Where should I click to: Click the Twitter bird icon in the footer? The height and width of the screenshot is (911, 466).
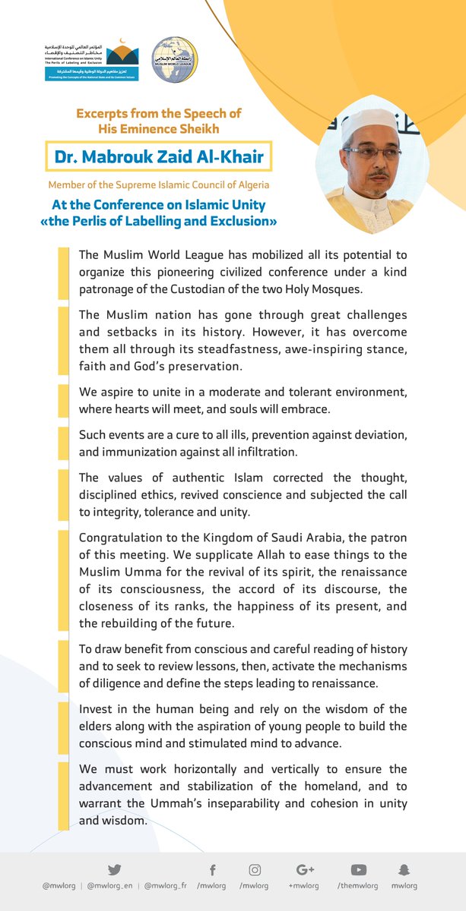pyautogui.click(x=114, y=869)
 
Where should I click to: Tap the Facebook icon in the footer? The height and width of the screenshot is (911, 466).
pyautogui.click(x=212, y=870)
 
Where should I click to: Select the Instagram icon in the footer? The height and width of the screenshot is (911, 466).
pyautogui.click(x=255, y=870)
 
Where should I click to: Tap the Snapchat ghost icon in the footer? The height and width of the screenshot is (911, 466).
pyautogui.click(x=404, y=870)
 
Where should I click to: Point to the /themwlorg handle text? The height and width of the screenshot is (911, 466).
pyautogui.click(x=357, y=886)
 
